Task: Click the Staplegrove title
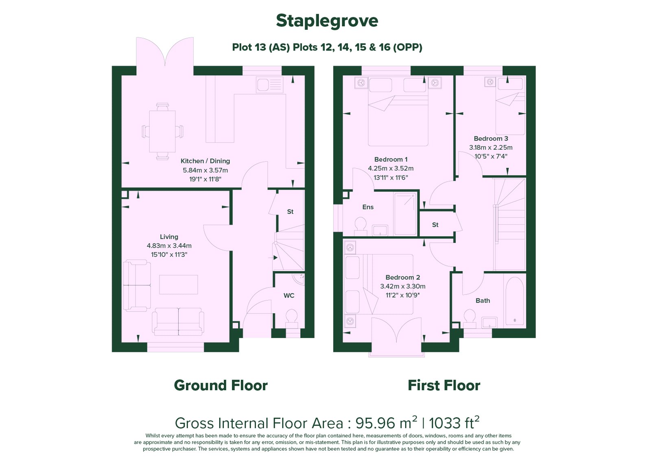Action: point(327,21)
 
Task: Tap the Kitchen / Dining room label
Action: point(205,161)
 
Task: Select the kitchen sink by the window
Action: point(269,85)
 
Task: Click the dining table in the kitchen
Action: point(162,132)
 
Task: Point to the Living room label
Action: point(169,237)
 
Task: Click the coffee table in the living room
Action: point(179,284)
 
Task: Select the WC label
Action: point(289,296)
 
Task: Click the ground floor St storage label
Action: point(291,212)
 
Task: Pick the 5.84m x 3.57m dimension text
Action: point(205,170)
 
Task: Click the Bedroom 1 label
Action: point(391,159)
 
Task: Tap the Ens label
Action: point(368,207)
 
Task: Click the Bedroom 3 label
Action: point(491,138)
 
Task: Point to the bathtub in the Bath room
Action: point(515,301)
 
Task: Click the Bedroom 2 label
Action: point(403,277)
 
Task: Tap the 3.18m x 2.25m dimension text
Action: point(491,147)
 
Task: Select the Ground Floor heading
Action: point(221,385)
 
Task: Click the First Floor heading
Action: point(444,385)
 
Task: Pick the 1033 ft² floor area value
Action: point(454,423)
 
